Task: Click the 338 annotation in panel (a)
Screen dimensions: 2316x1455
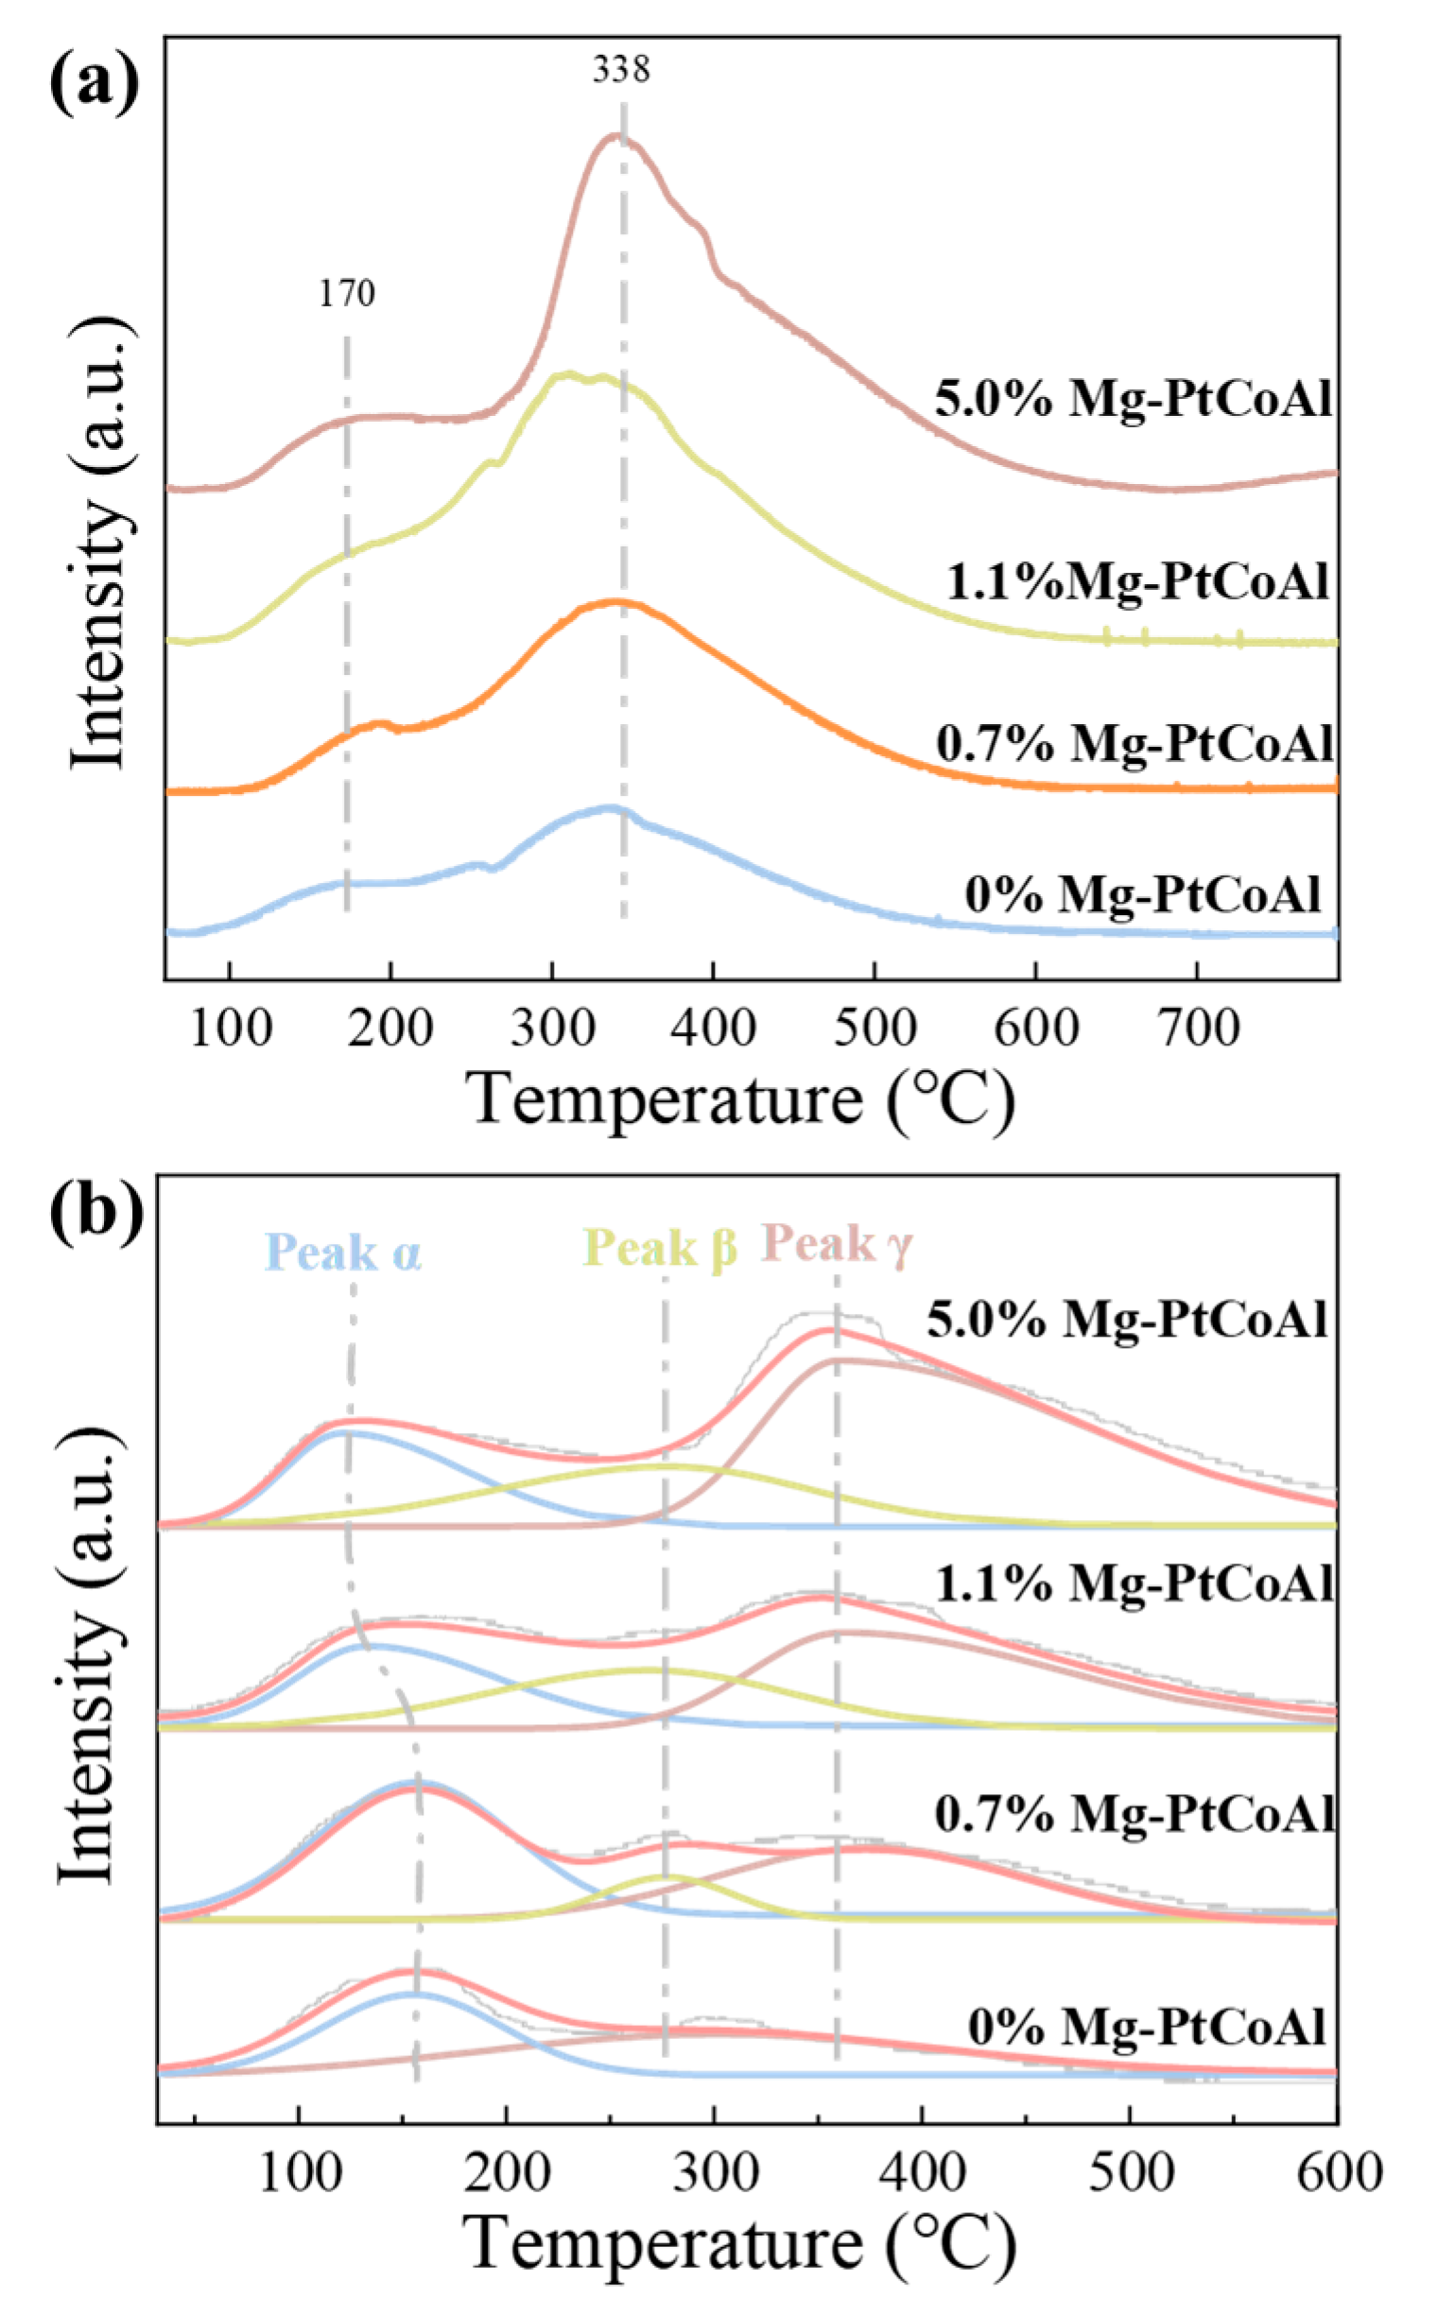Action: (x=620, y=70)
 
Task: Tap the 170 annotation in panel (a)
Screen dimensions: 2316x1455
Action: (x=347, y=293)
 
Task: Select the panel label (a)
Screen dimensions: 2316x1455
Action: (x=94, y=85)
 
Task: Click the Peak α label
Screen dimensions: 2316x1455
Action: (x=343, y=1253)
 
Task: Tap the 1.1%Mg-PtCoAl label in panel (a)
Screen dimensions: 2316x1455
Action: (x=1137, y=581)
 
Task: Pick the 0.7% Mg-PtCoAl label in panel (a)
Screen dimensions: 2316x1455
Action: (x=1135, y=742)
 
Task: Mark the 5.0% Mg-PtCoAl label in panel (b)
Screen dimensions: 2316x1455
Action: (x=1127, y=1320)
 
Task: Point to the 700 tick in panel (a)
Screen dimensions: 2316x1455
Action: (x=1197, y=1029)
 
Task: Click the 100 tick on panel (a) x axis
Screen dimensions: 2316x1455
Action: (x=231, y=1029)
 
